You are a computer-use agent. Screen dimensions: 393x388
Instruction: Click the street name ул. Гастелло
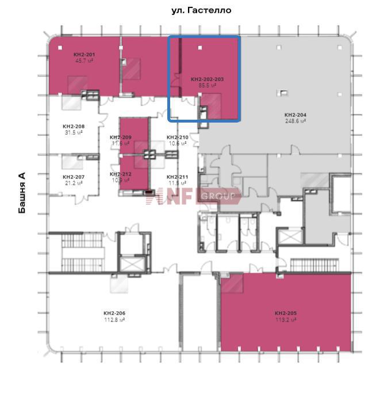(202, 10)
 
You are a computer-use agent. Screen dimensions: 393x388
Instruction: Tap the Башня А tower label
(22, 193)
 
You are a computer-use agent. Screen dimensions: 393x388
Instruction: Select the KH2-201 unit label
(84, 55)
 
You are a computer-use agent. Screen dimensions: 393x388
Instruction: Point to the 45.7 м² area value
(84, 60)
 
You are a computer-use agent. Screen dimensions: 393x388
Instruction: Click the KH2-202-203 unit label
(207, 79)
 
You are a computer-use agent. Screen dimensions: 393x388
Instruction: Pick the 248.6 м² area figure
(295, 121)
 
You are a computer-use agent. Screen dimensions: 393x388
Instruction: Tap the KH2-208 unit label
(74, 126)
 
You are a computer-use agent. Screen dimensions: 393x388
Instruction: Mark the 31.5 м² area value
(74, 132)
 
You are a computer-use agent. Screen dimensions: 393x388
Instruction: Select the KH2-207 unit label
(74, 177)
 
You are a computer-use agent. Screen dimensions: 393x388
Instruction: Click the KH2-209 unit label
(121, 138)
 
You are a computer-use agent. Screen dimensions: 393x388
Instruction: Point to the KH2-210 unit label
(177, 138)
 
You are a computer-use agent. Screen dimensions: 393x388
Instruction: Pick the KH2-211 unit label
(177, 177)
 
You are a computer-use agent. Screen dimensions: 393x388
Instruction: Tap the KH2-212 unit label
(121, 174)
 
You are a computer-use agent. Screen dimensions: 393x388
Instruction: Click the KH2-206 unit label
(114, 314)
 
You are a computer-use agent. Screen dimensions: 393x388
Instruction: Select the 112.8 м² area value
(114, 319)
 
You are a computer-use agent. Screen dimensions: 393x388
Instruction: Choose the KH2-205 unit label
(286, 314)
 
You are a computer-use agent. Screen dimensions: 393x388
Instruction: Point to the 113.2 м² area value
(286, 319)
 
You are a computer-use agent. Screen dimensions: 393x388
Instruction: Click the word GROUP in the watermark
(218, 197)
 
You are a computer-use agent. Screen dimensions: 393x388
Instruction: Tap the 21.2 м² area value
(74, 182)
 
